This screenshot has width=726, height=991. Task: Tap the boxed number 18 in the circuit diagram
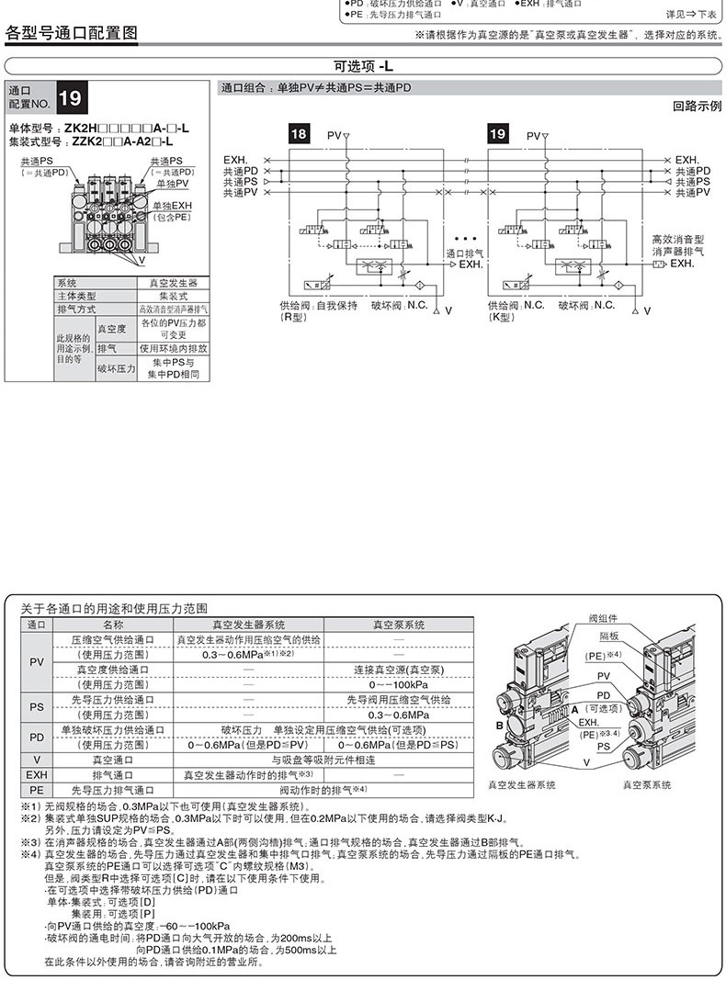coord(300,134)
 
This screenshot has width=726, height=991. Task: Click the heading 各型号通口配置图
coord(72,34)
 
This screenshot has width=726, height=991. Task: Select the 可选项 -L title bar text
coord(363,66)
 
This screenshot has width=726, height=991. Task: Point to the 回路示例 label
coord(697,107)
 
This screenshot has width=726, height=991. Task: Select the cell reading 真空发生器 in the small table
coord(173,283)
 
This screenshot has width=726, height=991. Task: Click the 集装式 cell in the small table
coord(173,296)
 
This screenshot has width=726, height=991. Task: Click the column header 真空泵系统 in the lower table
coord(398,624)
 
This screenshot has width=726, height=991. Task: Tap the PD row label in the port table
coord(37,737)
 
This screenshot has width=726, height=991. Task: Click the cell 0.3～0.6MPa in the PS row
coord(399,714)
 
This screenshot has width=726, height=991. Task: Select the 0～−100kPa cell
coord(399,684)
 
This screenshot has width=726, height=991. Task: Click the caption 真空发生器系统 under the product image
coord(522,785)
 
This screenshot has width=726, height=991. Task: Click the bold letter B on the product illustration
coord(499,726)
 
